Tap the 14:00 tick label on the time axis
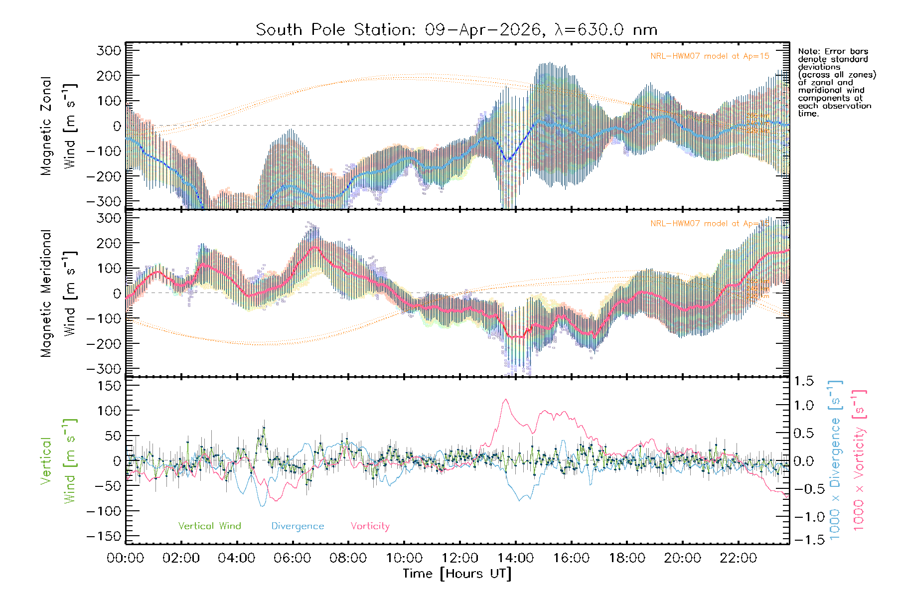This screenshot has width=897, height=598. point(515,558)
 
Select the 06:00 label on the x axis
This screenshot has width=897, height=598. point(293,558)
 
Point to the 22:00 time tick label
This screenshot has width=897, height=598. point(738,558)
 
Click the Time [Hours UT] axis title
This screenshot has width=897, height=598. point(457,574)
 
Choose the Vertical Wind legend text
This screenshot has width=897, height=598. point(209,526)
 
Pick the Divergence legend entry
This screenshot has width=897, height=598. point(298,526)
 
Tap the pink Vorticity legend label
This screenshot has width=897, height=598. point(370,526)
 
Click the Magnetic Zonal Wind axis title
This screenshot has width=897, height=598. point(59,126)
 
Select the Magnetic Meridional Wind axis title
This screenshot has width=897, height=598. point(59,293)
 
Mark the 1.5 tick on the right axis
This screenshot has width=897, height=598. point(804,381)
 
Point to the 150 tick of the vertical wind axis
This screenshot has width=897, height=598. point(109,386)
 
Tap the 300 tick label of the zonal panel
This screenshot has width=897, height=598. point(109,50)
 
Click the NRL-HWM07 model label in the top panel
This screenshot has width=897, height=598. point(710,56)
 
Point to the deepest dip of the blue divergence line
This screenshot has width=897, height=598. point(263,506)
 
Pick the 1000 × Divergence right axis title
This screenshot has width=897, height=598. point(835,459)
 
